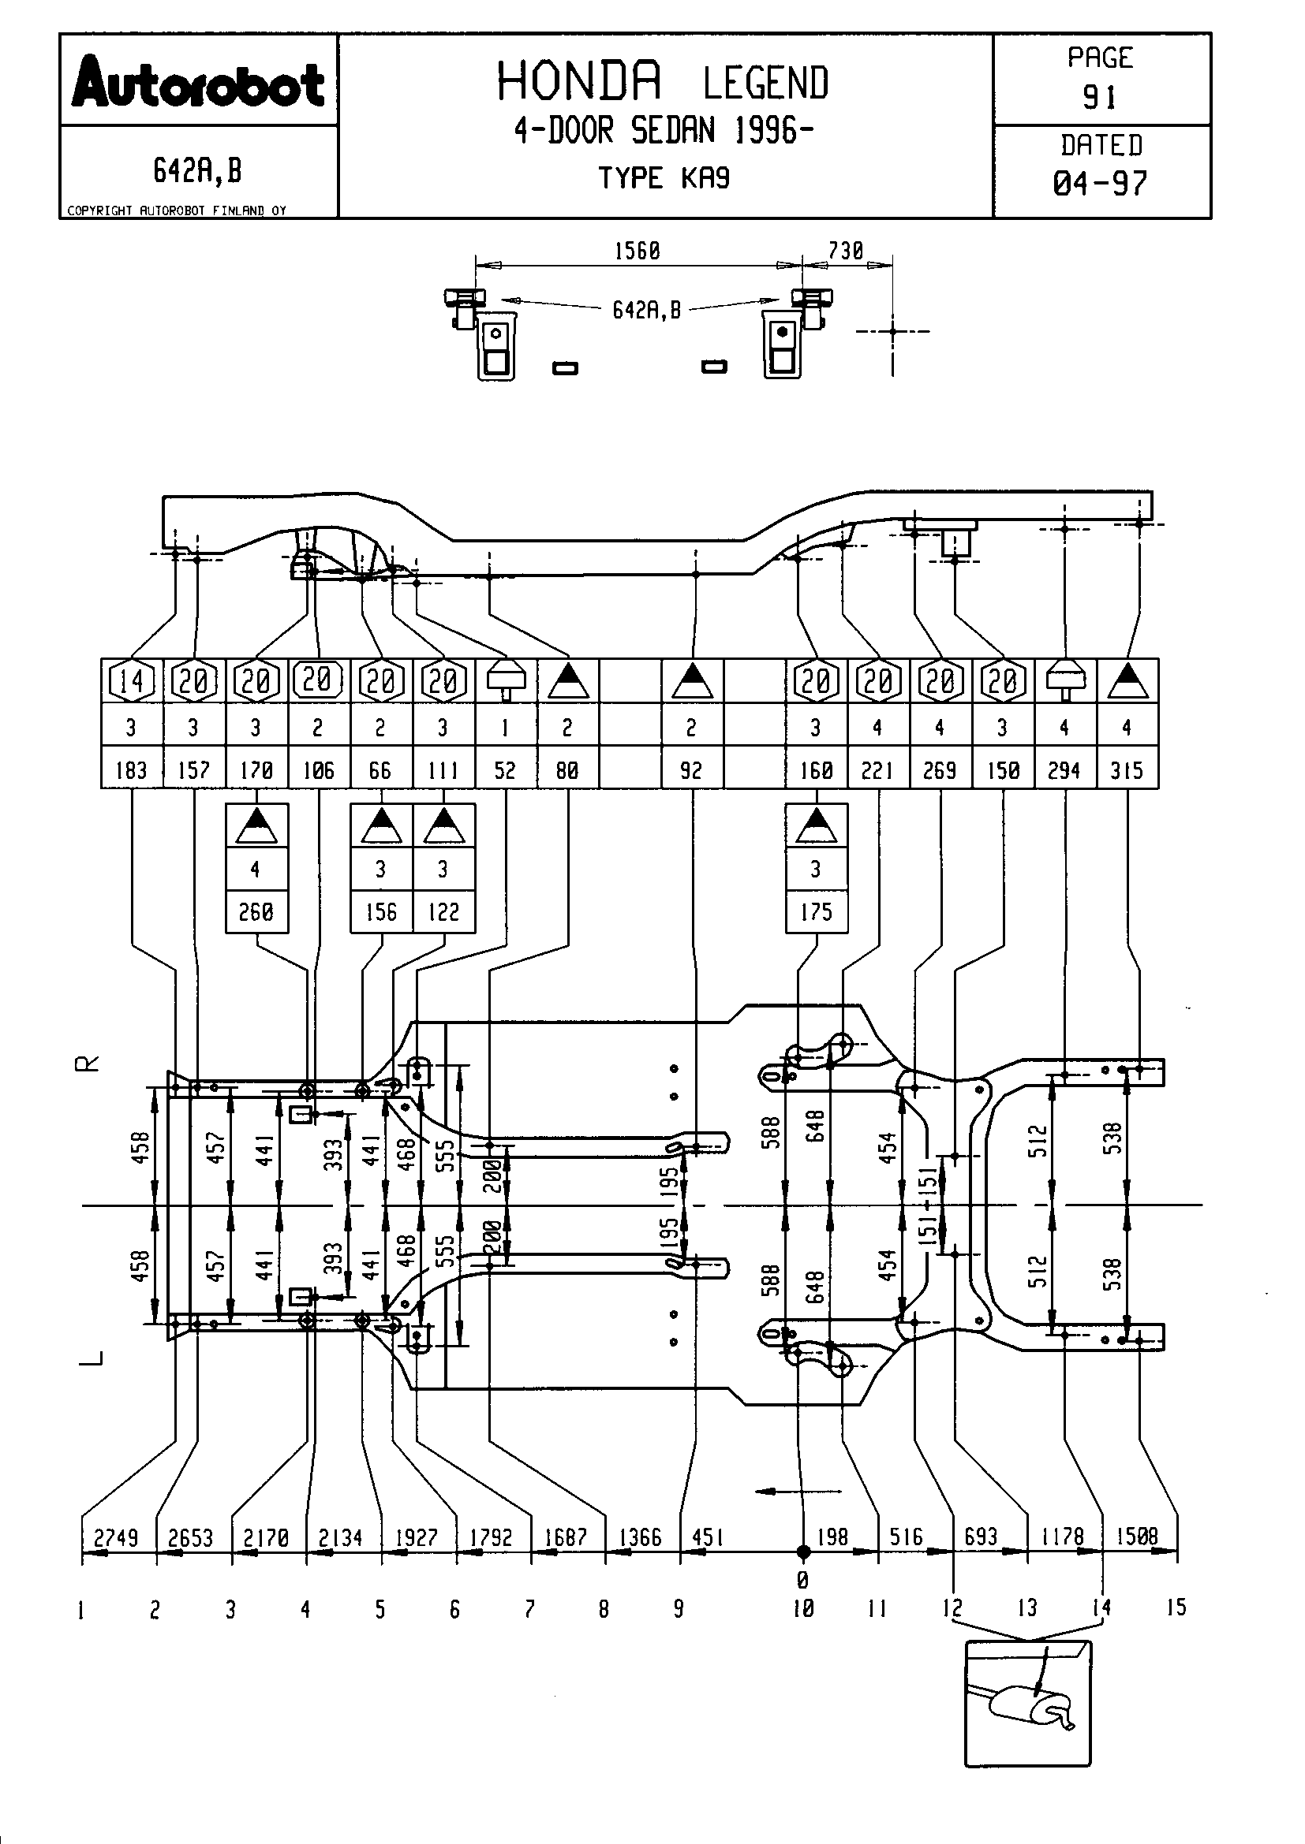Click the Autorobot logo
coord(199,82)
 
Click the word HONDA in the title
coord(579,81)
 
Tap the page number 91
coord(1100,97)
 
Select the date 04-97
coord(1100,183)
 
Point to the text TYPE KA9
coord(664,177)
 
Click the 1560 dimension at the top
coord(638,251)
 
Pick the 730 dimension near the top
coord(845,251)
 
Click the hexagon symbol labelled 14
coord(132,681)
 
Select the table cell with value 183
coord(132,770)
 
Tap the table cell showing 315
coord(1127,770)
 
